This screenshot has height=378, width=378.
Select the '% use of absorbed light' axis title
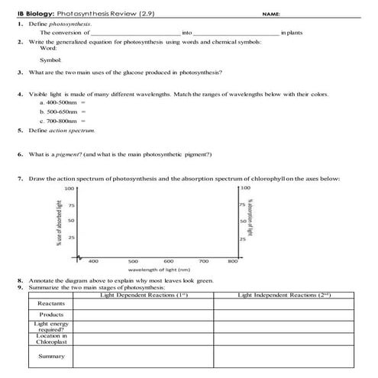coord(58,221)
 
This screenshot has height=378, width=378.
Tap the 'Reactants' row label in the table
coord(52,303)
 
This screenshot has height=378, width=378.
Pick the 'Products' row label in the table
coord(52,315)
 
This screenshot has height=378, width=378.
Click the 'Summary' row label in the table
coord(52,356)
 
